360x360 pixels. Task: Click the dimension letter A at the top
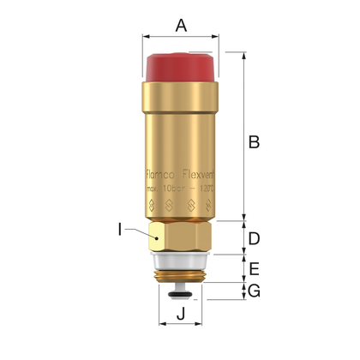[x=181, y=25]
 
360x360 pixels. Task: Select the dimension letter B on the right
[x=254, y=142]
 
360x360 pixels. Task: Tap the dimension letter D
[x=254, y=237]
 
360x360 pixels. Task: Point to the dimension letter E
[x=254, y=268]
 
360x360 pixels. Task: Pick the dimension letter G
[x=254, y=291]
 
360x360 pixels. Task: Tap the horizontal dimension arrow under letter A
[x=181, y=38]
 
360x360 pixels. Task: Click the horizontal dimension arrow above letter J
[x=181, y=326]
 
